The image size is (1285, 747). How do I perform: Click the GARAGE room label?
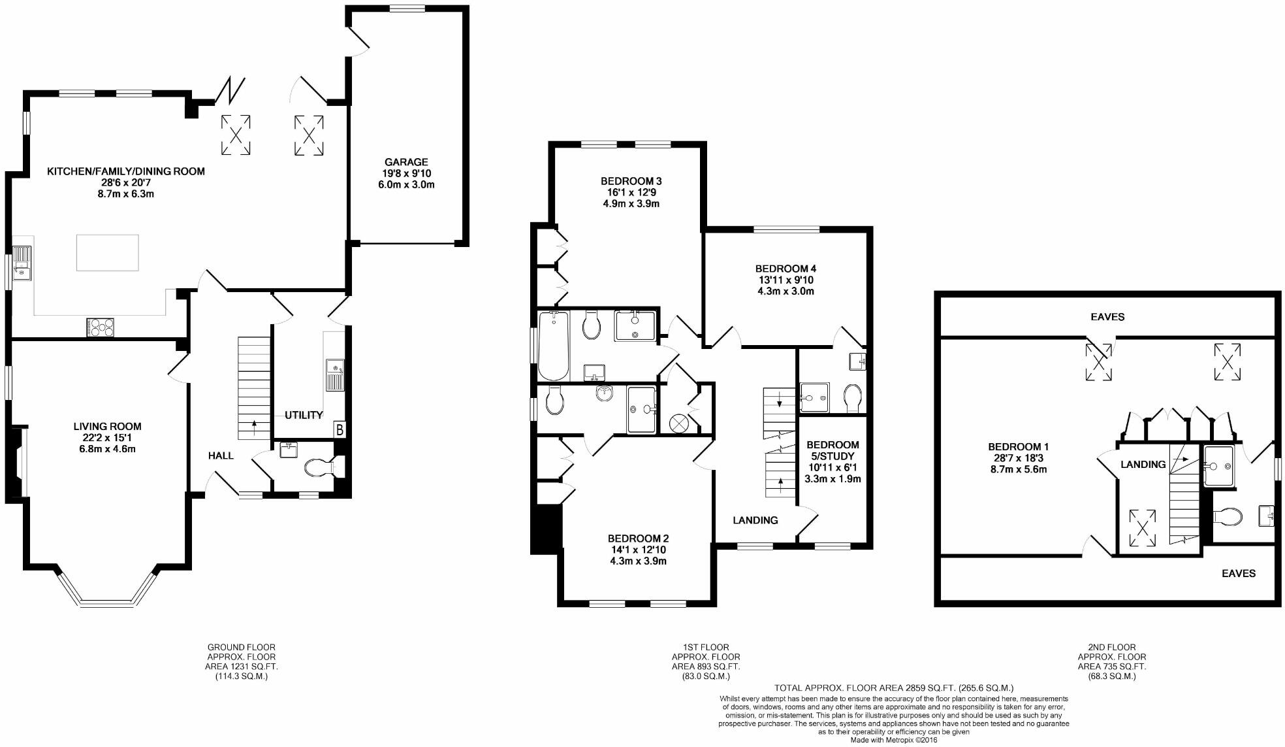[x=406, y=162]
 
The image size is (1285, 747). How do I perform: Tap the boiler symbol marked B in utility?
[x=340, y=430]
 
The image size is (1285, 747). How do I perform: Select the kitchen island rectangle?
[x=108, y=252]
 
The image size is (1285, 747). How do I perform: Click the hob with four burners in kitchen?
[x=100, y=327]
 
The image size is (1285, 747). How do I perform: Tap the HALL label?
[x=221, y=456]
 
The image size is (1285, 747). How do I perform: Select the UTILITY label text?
[x=304, y=415]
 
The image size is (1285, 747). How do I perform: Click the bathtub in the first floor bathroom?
[x=553, y=345]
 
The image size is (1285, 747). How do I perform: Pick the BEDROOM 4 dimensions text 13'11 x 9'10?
[x=785, y=280]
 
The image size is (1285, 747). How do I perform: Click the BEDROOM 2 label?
[x=638, y=539]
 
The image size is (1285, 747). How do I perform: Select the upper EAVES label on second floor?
[x=1107, y=317]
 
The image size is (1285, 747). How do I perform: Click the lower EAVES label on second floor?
[x=1238, y=573]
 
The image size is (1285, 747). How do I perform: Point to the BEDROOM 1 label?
[x=1018, y=447]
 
